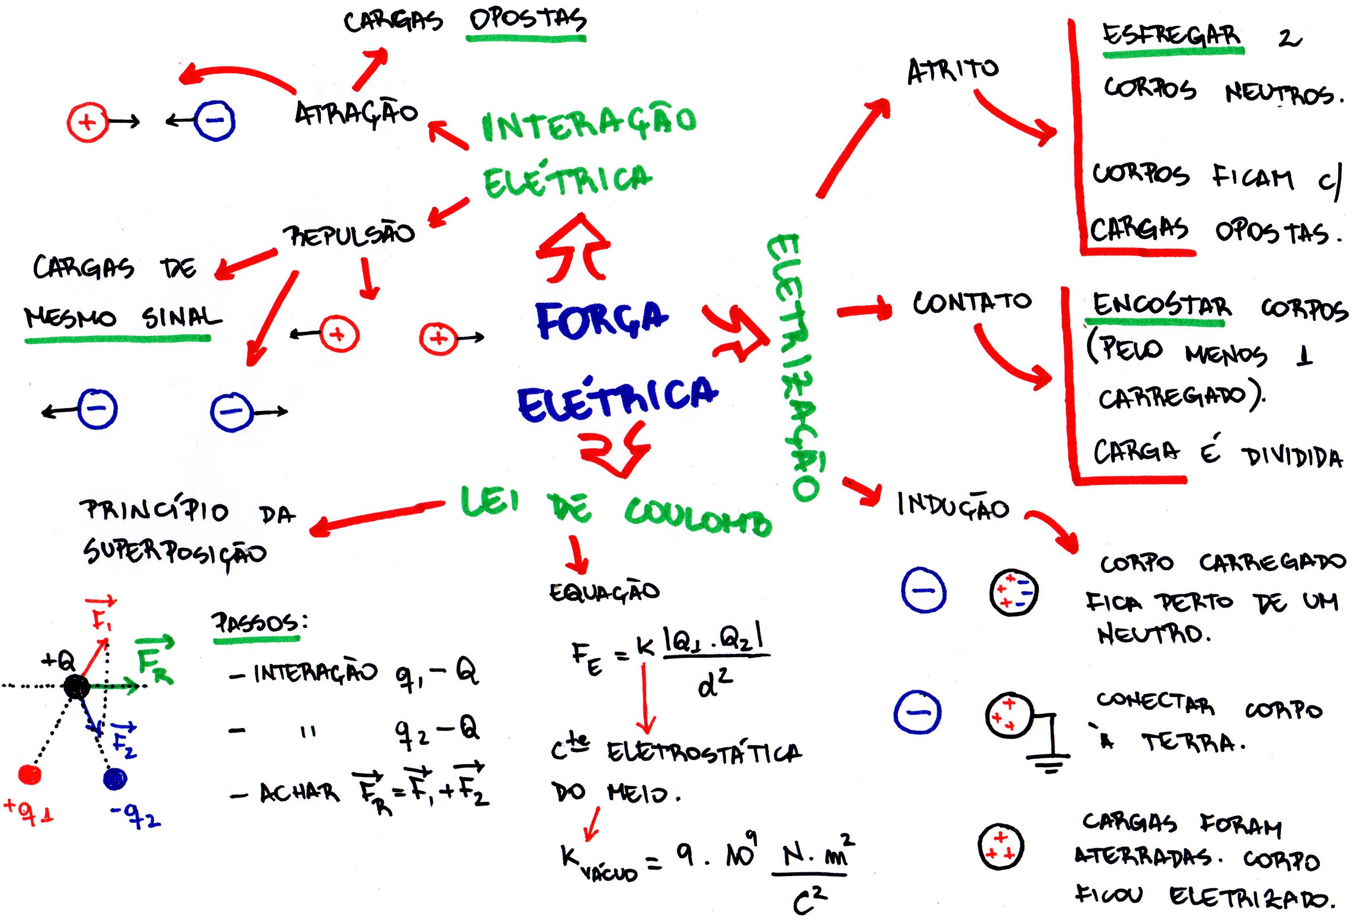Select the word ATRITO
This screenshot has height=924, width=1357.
click(953, 71)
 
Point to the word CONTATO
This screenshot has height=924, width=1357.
click(972, 302)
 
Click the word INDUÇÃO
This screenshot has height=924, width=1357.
click(953, 506)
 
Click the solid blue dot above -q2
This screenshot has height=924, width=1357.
click(114, 778)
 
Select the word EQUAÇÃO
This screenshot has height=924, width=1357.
click(604, 592)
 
